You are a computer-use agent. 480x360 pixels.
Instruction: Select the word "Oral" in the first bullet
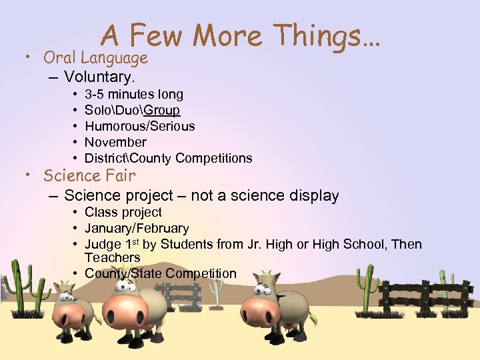click(60, 58)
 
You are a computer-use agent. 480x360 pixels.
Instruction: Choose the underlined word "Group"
click(163, 110)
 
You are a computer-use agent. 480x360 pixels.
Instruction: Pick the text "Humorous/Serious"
click(139, 126)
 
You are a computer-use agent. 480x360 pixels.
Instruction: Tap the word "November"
click(115, 142)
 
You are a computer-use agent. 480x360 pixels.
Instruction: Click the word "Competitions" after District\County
click(214, 158)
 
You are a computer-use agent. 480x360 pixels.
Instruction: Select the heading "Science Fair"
click(89, 176)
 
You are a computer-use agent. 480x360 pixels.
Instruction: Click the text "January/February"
click(137, 228)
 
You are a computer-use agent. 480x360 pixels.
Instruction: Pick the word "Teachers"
click(112, 257)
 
